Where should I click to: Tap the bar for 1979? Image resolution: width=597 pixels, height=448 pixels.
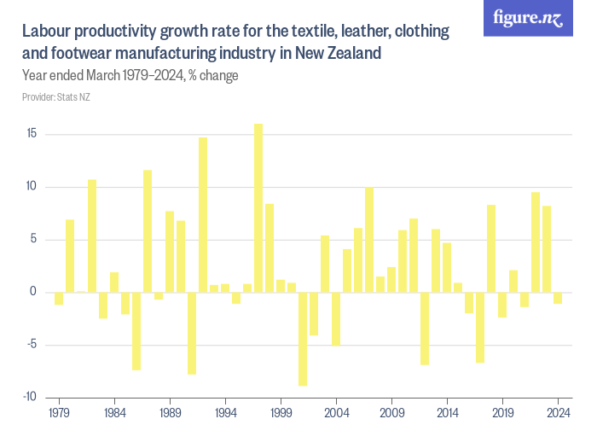tap(59, 299)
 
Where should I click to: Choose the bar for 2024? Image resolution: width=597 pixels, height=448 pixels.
tap(558, 298)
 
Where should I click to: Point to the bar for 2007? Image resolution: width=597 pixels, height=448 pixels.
tap(369, 240)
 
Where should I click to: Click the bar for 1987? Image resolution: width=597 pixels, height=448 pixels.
tap(148, 231)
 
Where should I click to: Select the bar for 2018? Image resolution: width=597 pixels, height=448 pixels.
tap(491, 248)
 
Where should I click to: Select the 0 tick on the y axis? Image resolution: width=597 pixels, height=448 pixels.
tap(33, 292)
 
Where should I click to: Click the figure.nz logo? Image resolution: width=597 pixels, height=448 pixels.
tap(528, 18)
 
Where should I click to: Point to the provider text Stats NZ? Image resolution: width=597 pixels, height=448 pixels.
tap(56, 97)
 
